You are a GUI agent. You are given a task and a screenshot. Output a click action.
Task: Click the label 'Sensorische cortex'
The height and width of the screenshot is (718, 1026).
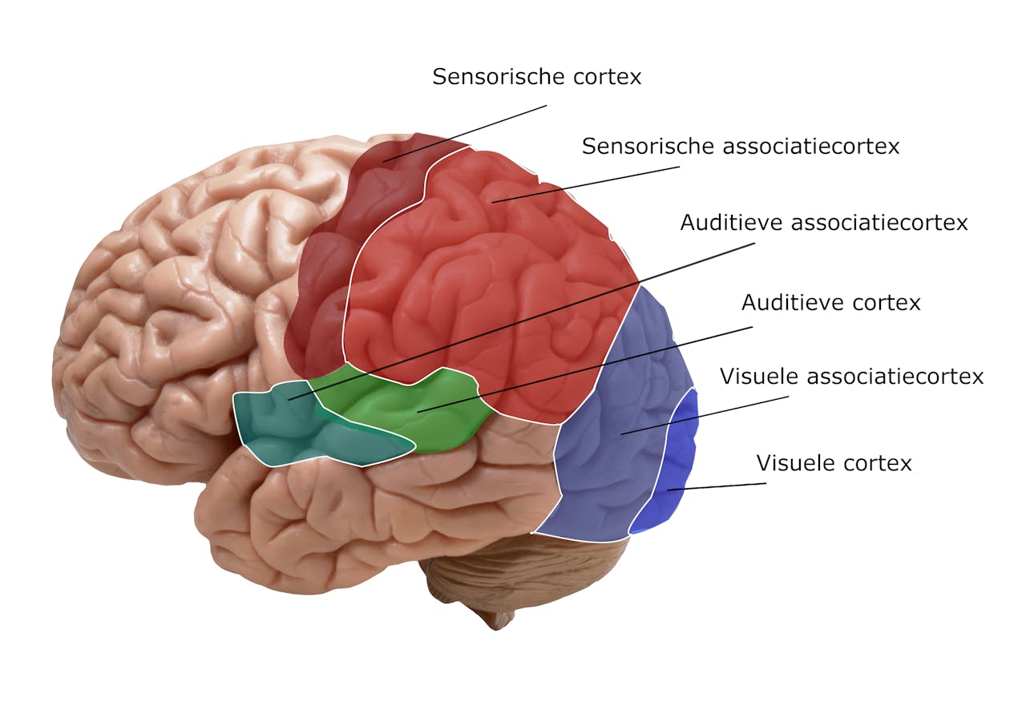click(536, 77)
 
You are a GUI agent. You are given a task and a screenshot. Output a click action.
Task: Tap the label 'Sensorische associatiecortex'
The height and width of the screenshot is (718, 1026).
click(740, 147)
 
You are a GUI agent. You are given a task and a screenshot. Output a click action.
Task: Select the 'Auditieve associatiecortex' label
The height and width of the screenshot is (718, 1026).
click(823, 223)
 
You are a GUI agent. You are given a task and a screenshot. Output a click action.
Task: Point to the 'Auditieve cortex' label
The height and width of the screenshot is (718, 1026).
click(830, 303)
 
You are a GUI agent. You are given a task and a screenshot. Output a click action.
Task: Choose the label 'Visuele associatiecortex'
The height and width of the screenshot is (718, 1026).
click(851, 377)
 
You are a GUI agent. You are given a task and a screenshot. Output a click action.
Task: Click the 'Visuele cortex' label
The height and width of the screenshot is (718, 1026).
click(834, 463)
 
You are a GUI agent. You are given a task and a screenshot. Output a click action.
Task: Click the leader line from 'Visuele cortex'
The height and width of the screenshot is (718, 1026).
click(717, 486)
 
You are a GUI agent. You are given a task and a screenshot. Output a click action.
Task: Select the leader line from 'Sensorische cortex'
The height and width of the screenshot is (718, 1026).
click(465, 133)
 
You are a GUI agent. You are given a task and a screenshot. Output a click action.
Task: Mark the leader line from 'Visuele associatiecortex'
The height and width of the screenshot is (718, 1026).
click(705, 413)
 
